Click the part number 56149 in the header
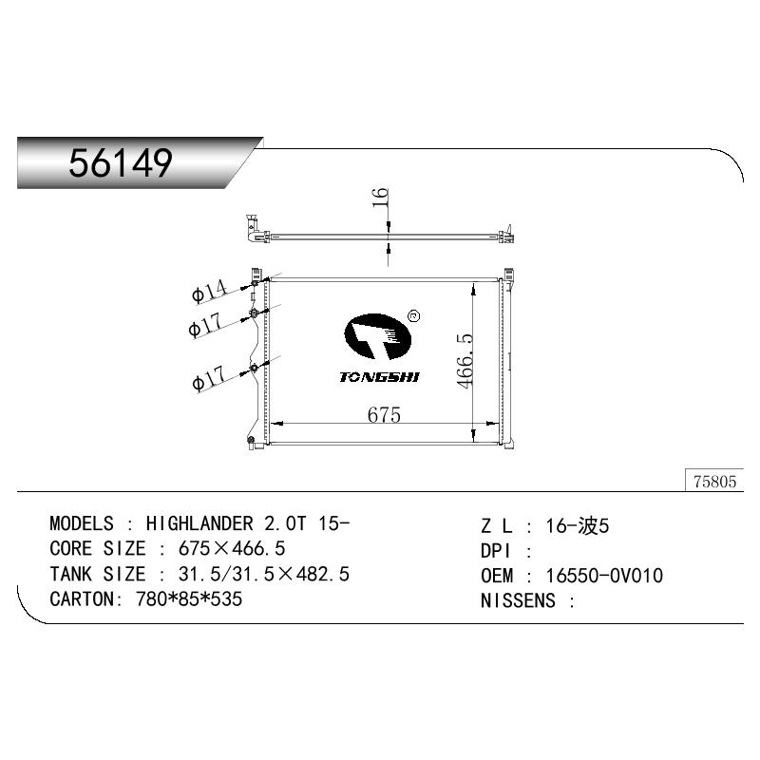[121, 162]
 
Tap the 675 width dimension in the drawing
[384, 415]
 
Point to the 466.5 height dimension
[465, 360]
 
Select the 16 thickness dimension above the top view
[380, 198]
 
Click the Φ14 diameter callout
[209, 292]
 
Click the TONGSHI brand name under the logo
[379, 377]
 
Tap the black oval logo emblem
[377, 336]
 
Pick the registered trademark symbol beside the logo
[414, 316]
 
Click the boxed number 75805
[714, 482]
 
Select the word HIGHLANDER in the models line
[199, 523]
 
